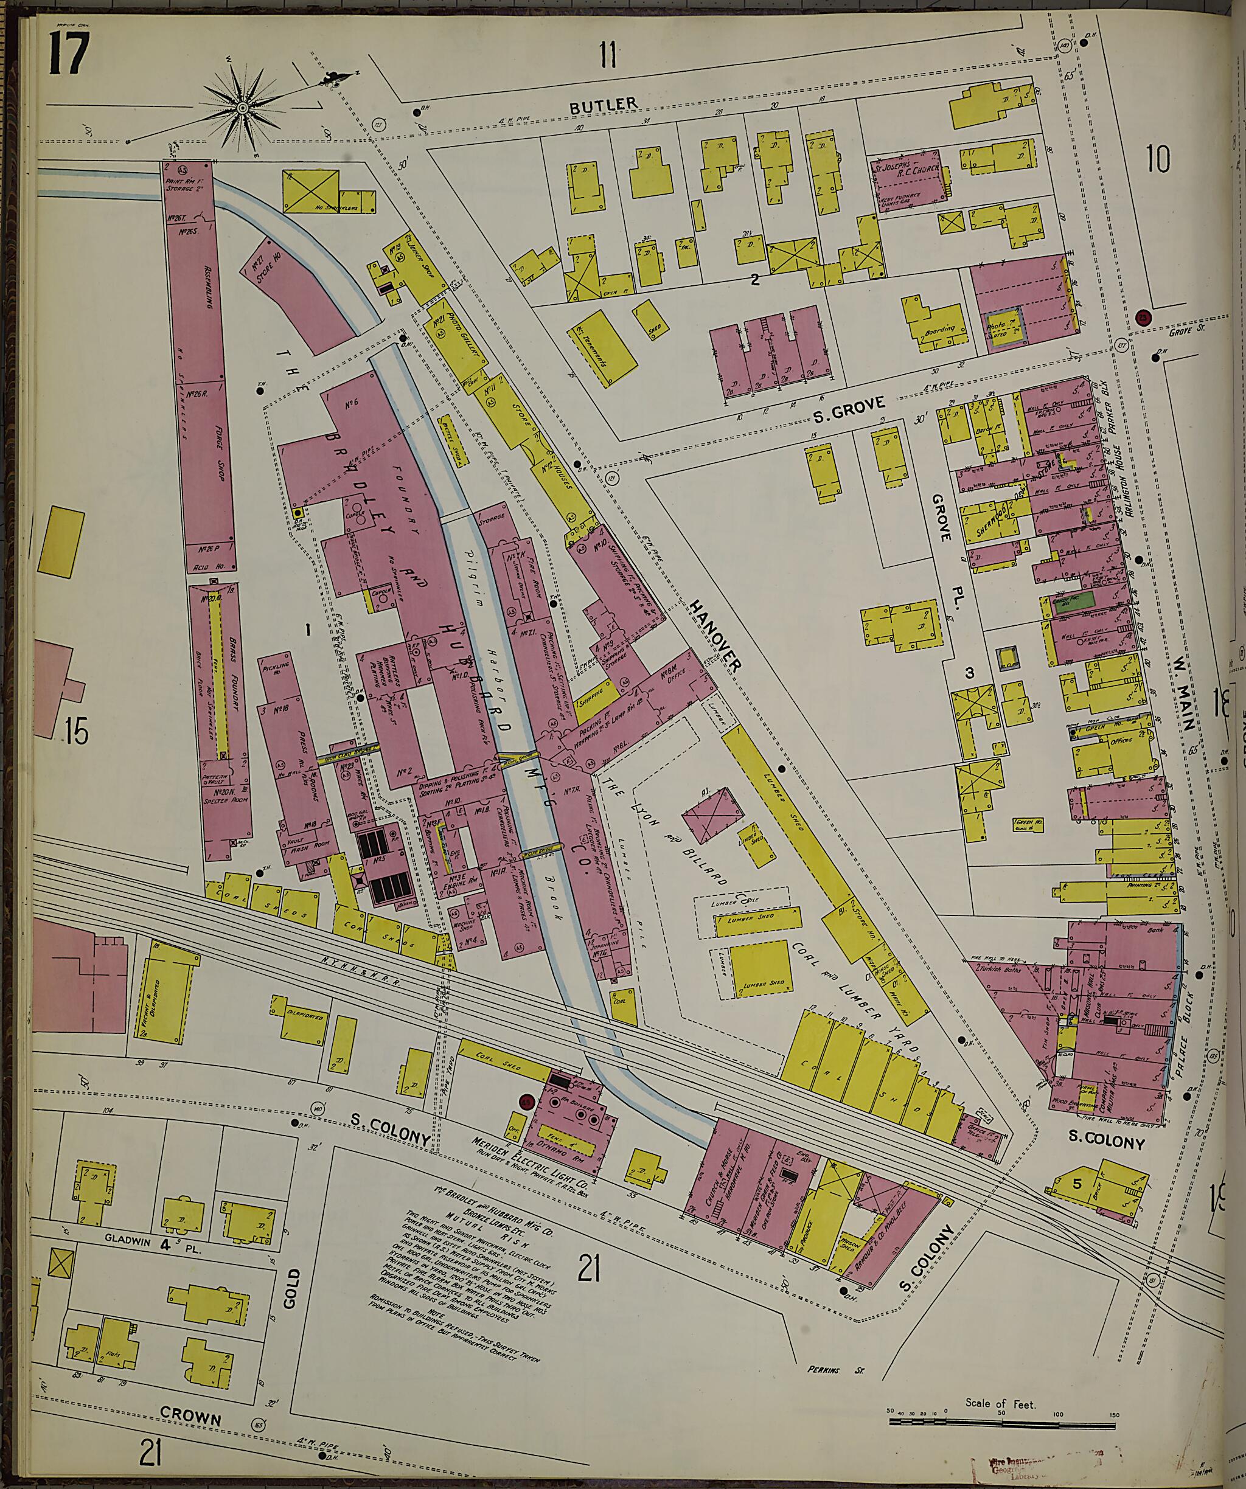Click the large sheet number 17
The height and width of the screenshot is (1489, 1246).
pos(68,55)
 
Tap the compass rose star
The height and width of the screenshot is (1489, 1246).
pos(243,108)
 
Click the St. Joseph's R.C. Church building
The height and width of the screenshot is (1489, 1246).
pos(912,181)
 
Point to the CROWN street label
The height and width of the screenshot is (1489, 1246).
pos(190,1396)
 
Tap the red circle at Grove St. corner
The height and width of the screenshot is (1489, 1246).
pos(1142,318)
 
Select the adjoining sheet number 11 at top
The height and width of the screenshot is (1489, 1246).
pos(608,55)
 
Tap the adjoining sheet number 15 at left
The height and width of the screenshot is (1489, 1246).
pos(76,731)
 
